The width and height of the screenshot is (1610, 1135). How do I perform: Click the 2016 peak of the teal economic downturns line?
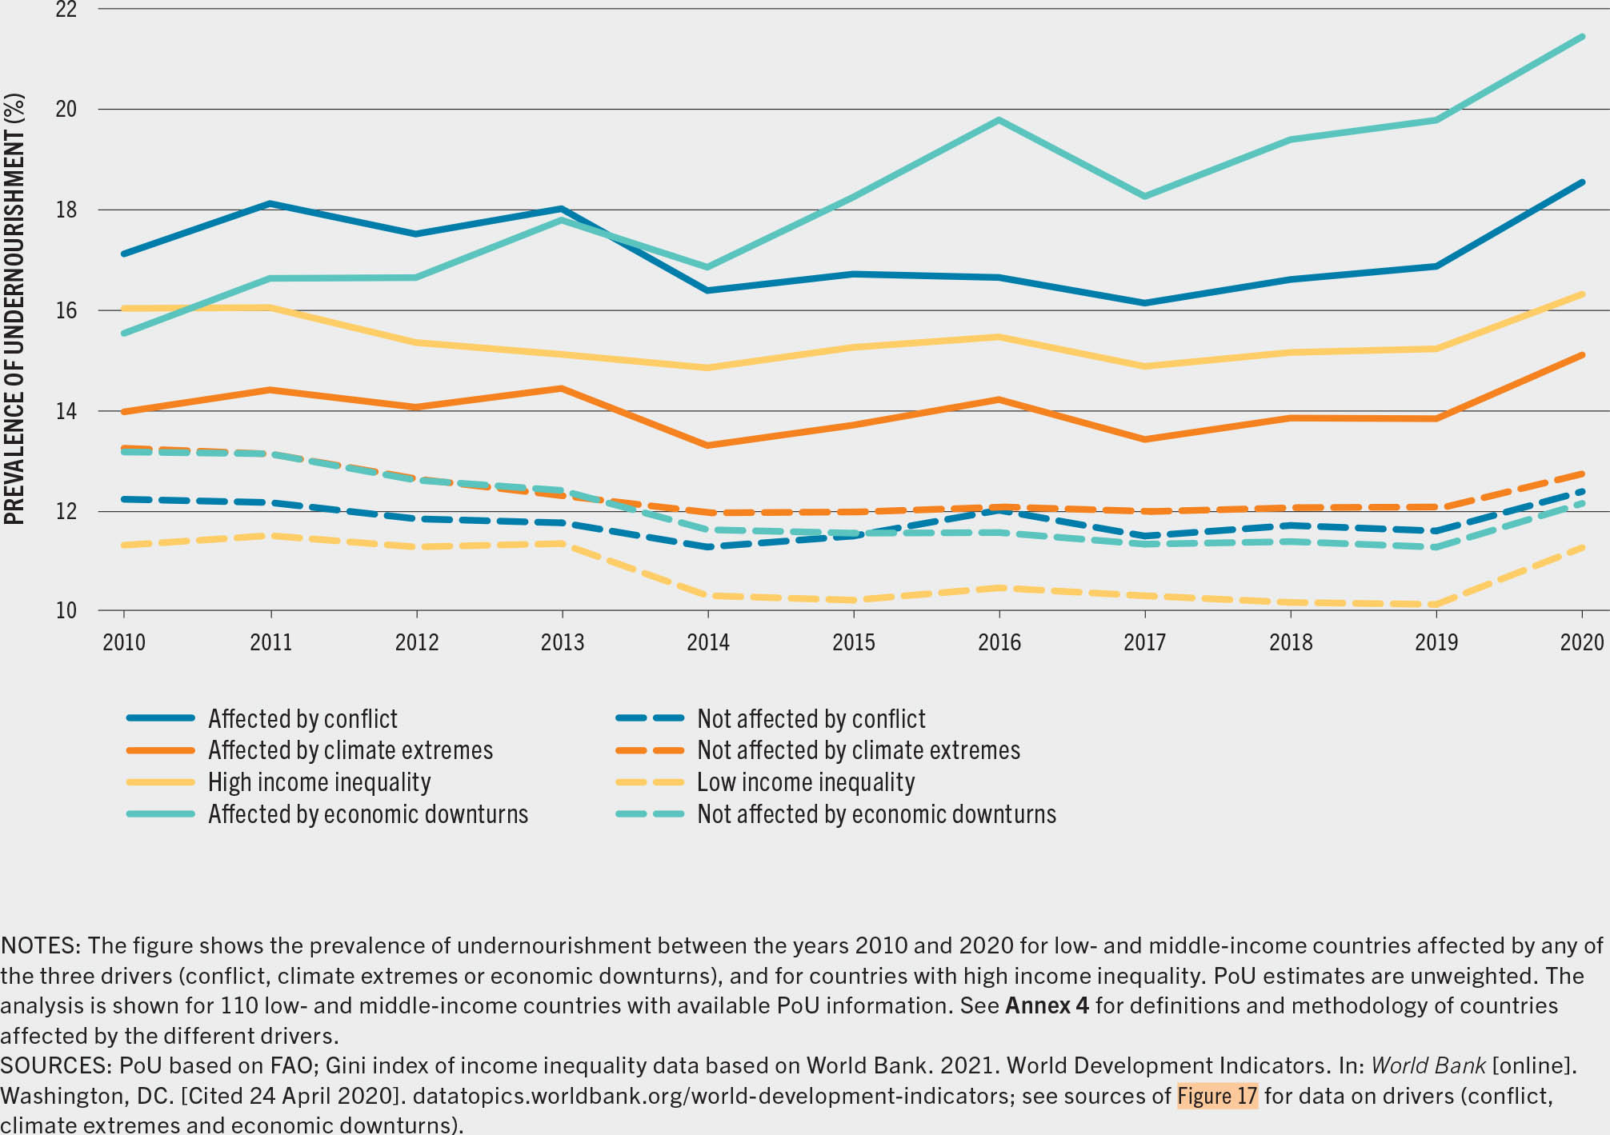pyautogui.click(x=999, y=121)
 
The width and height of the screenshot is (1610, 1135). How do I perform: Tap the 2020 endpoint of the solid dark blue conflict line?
pyautogui.click(x=1581, y=182)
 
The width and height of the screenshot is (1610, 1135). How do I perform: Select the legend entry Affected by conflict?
pyautogui.click(x=302, y=719)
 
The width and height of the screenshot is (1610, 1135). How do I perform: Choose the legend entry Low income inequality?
pyautogui.click(x=805, y=782)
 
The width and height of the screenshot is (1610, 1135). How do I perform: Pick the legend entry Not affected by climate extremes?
pyautogui.click(x=858, y=750)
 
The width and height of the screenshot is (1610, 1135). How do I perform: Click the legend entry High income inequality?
pyautogui.click(x=319, y=782)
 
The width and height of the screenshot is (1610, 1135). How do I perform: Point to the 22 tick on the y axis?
pyautogui.click(x=66, y=10)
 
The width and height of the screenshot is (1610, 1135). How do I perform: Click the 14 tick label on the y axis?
pyautogui.click(x=66, y=411)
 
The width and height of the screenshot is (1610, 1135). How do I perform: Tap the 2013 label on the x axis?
pyautogui.click(x=563, y=642)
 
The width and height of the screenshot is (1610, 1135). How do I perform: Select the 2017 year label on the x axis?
pyautogui.click(x=1145, y=642)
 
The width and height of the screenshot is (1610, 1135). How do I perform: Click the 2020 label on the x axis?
pyautogui.click(x=1582, y=642)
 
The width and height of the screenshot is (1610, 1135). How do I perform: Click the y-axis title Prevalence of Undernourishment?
pyautogui.click(x=14, y=309)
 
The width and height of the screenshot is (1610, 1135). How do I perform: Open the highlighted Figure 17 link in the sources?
pyautogui.click(x=1217, y=1096)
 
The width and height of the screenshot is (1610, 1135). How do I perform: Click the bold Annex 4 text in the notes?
pyautogui.click(x=1047, y=1005)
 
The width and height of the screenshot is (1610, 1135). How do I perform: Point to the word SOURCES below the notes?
pyautogui.click(x=55, y=1065)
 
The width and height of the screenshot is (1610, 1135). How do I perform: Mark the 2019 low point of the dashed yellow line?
pyautogui.click(x=1436, y=605)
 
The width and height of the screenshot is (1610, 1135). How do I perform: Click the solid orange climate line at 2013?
pyautogui.click(x=562, y=389)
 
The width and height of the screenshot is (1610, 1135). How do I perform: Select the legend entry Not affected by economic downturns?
pyautogui.click(x=876, y=814)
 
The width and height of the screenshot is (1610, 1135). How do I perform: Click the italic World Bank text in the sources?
pyautogui.click(x=1428, y=1065)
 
